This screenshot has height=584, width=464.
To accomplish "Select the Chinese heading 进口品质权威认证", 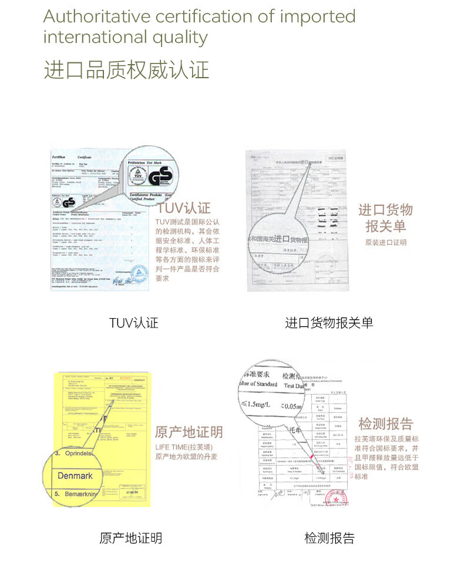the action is click(126, 69).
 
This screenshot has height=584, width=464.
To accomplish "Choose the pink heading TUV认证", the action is click(183, 208).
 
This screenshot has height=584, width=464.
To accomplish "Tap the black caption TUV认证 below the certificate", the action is click(133, 323).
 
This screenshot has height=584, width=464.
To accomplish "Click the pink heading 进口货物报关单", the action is click(385, 218).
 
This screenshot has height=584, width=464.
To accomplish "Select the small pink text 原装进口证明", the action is click(385, 242).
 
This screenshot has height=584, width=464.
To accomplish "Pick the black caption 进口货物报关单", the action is click(329, 323).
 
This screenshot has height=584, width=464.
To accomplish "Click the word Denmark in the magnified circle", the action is click(75, 475).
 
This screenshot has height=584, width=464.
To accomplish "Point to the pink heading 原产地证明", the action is click(189, 432).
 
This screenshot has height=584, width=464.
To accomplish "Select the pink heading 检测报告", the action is click(385, 423).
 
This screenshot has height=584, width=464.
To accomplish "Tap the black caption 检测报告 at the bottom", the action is click(329, 538).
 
